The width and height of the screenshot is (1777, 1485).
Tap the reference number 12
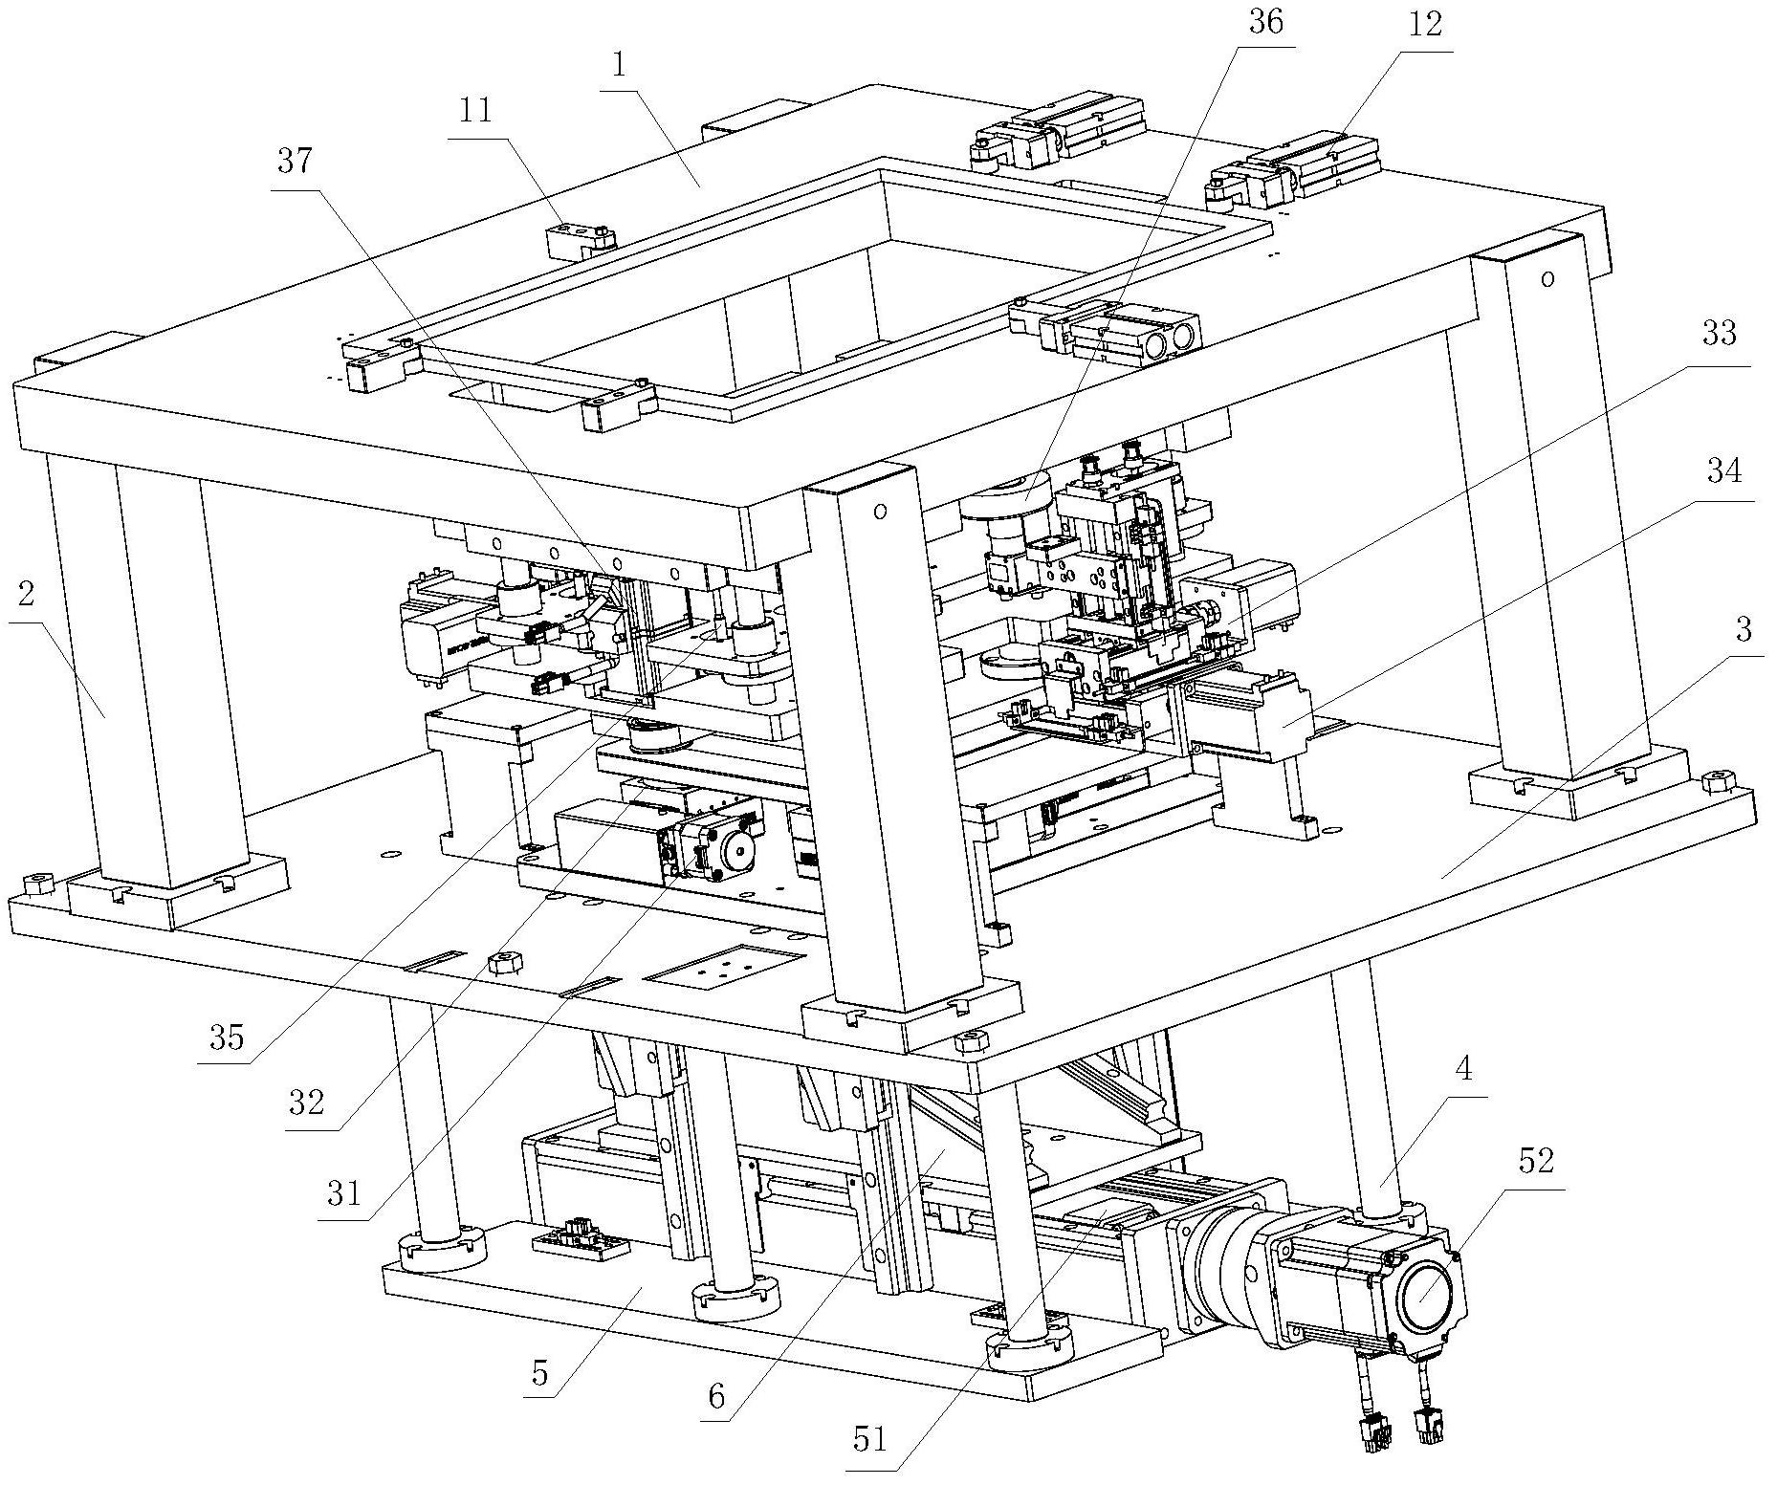pyautogui.click(x=1424, y=25)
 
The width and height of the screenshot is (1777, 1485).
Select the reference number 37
pyautogui.click(x=295, y=161)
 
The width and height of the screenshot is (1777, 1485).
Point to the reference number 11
pyautogui.click(x=475, y=111)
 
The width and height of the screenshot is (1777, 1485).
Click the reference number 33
pyautogui.click(x=1719, y=334)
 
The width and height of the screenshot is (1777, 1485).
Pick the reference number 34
pyautogui.click(x=1724, y=470)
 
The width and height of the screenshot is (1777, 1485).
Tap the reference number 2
pyautogui.click(x=26, y=594)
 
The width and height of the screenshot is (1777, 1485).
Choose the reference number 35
pyautogui.click(x=228, y=1037)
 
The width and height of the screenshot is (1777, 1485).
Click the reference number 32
pyautogui.click(x=306, y=1103)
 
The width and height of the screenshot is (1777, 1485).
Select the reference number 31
pyautogui.click(x=342, y=1192)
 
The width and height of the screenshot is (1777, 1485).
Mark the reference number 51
pyautogui.click(x=868, y=1438)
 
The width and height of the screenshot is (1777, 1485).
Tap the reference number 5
pyautogui.click(x=540, y=1372)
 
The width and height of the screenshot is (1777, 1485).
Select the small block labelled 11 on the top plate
pyautogui.click(x=580, y=238)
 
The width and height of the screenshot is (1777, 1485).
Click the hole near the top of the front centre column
pyautogui.click(x=879, y=511)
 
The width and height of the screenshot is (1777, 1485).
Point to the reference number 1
pyautogui.click(x=620, y=65)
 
